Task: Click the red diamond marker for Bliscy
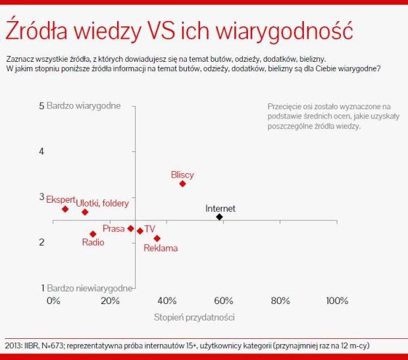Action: [182, 184]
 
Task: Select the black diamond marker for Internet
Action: [219, 217]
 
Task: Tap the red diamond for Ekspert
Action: [65, 209]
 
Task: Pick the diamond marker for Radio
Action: [93, 234]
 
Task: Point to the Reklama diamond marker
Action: [157, 238]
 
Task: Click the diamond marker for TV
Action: [140, 231]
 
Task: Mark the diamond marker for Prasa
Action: [130, 228]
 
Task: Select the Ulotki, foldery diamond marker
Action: [85, 212]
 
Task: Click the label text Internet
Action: [220, 209]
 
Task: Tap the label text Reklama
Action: [161, 248]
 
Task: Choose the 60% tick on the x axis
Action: [224, 301]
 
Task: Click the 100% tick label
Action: [337, 301]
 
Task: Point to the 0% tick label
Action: [53, 301]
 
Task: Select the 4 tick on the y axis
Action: [41, 151]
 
